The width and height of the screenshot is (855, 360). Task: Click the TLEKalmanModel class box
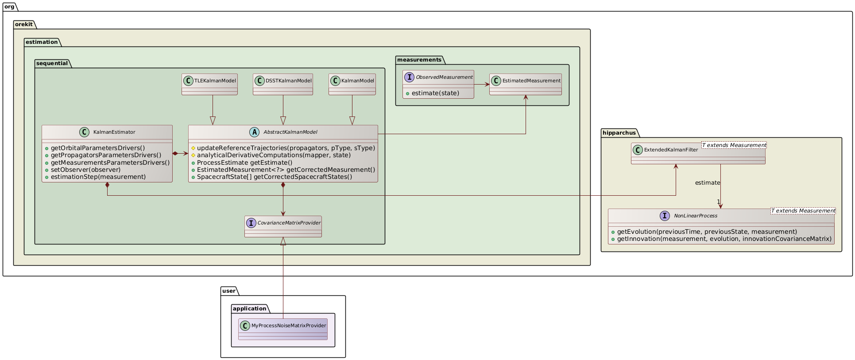(x=209, y=84)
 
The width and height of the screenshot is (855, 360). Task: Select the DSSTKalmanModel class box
(x=282, y=84)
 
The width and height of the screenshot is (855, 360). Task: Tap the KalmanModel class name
(x=357, y=81)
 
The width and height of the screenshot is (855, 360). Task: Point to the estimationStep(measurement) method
(x=98, y=177)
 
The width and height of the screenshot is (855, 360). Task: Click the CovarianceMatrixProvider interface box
(x=283, y=226)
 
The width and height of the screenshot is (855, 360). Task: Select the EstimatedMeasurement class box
(x=526, y=84)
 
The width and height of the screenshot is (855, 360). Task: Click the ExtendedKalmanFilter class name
(x=671, y=150)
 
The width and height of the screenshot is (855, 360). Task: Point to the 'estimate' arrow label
(x=707, y=182)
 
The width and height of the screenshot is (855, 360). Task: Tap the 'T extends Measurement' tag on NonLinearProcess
(x=803, y=211)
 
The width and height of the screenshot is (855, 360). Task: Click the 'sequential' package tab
(x=52, y=63)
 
